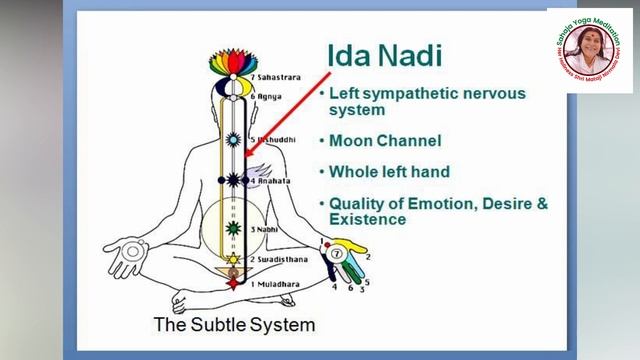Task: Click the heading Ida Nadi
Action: pos(384,55)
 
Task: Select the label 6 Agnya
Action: pos(268,97)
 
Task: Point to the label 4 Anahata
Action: pos(270,181)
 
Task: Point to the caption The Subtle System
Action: pos(234,325)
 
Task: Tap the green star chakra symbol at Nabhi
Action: pos(233,229)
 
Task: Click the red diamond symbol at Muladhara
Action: pos(233,284)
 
